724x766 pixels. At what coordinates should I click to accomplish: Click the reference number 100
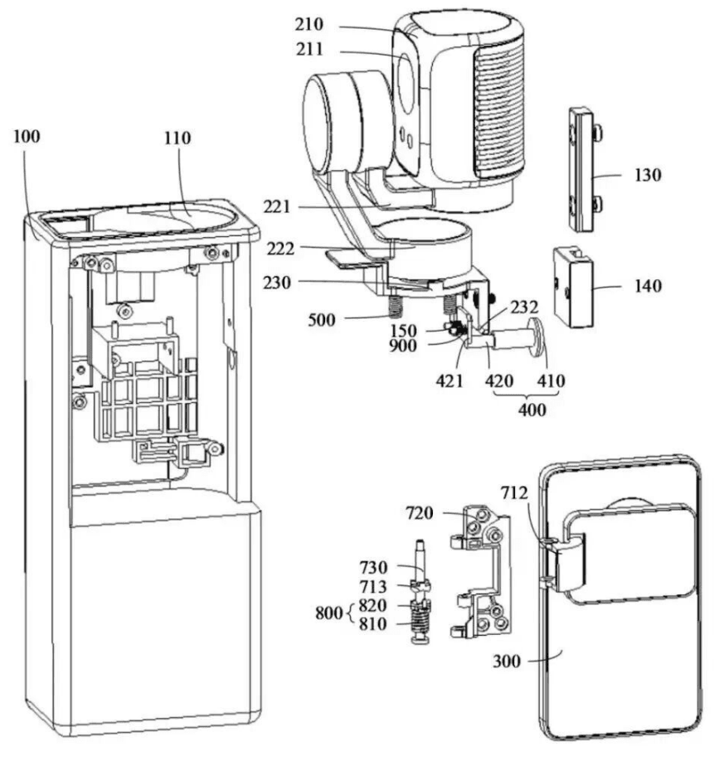pos(27,136)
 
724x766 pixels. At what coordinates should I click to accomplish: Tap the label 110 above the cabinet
pos(177,138)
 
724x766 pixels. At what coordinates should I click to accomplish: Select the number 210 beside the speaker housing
pos(309,24)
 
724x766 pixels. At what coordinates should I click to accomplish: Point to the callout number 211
pos(309,50)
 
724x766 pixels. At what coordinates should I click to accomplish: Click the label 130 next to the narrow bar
pos(648,175)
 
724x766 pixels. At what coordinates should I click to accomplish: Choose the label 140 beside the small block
pos(649,285)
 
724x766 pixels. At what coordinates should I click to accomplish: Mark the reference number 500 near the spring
pos(322,320)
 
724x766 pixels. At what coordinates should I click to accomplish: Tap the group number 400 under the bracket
pos(532,409)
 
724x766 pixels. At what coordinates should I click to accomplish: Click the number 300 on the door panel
pos(507,662)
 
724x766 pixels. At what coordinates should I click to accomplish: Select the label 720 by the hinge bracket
pos(420,513)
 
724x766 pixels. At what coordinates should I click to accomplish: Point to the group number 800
pos(329,613)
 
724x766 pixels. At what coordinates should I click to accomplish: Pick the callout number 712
pos(514,493)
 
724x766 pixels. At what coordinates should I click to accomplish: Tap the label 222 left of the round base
pos(280,250)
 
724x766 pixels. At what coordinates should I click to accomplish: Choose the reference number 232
pos(524,308)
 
